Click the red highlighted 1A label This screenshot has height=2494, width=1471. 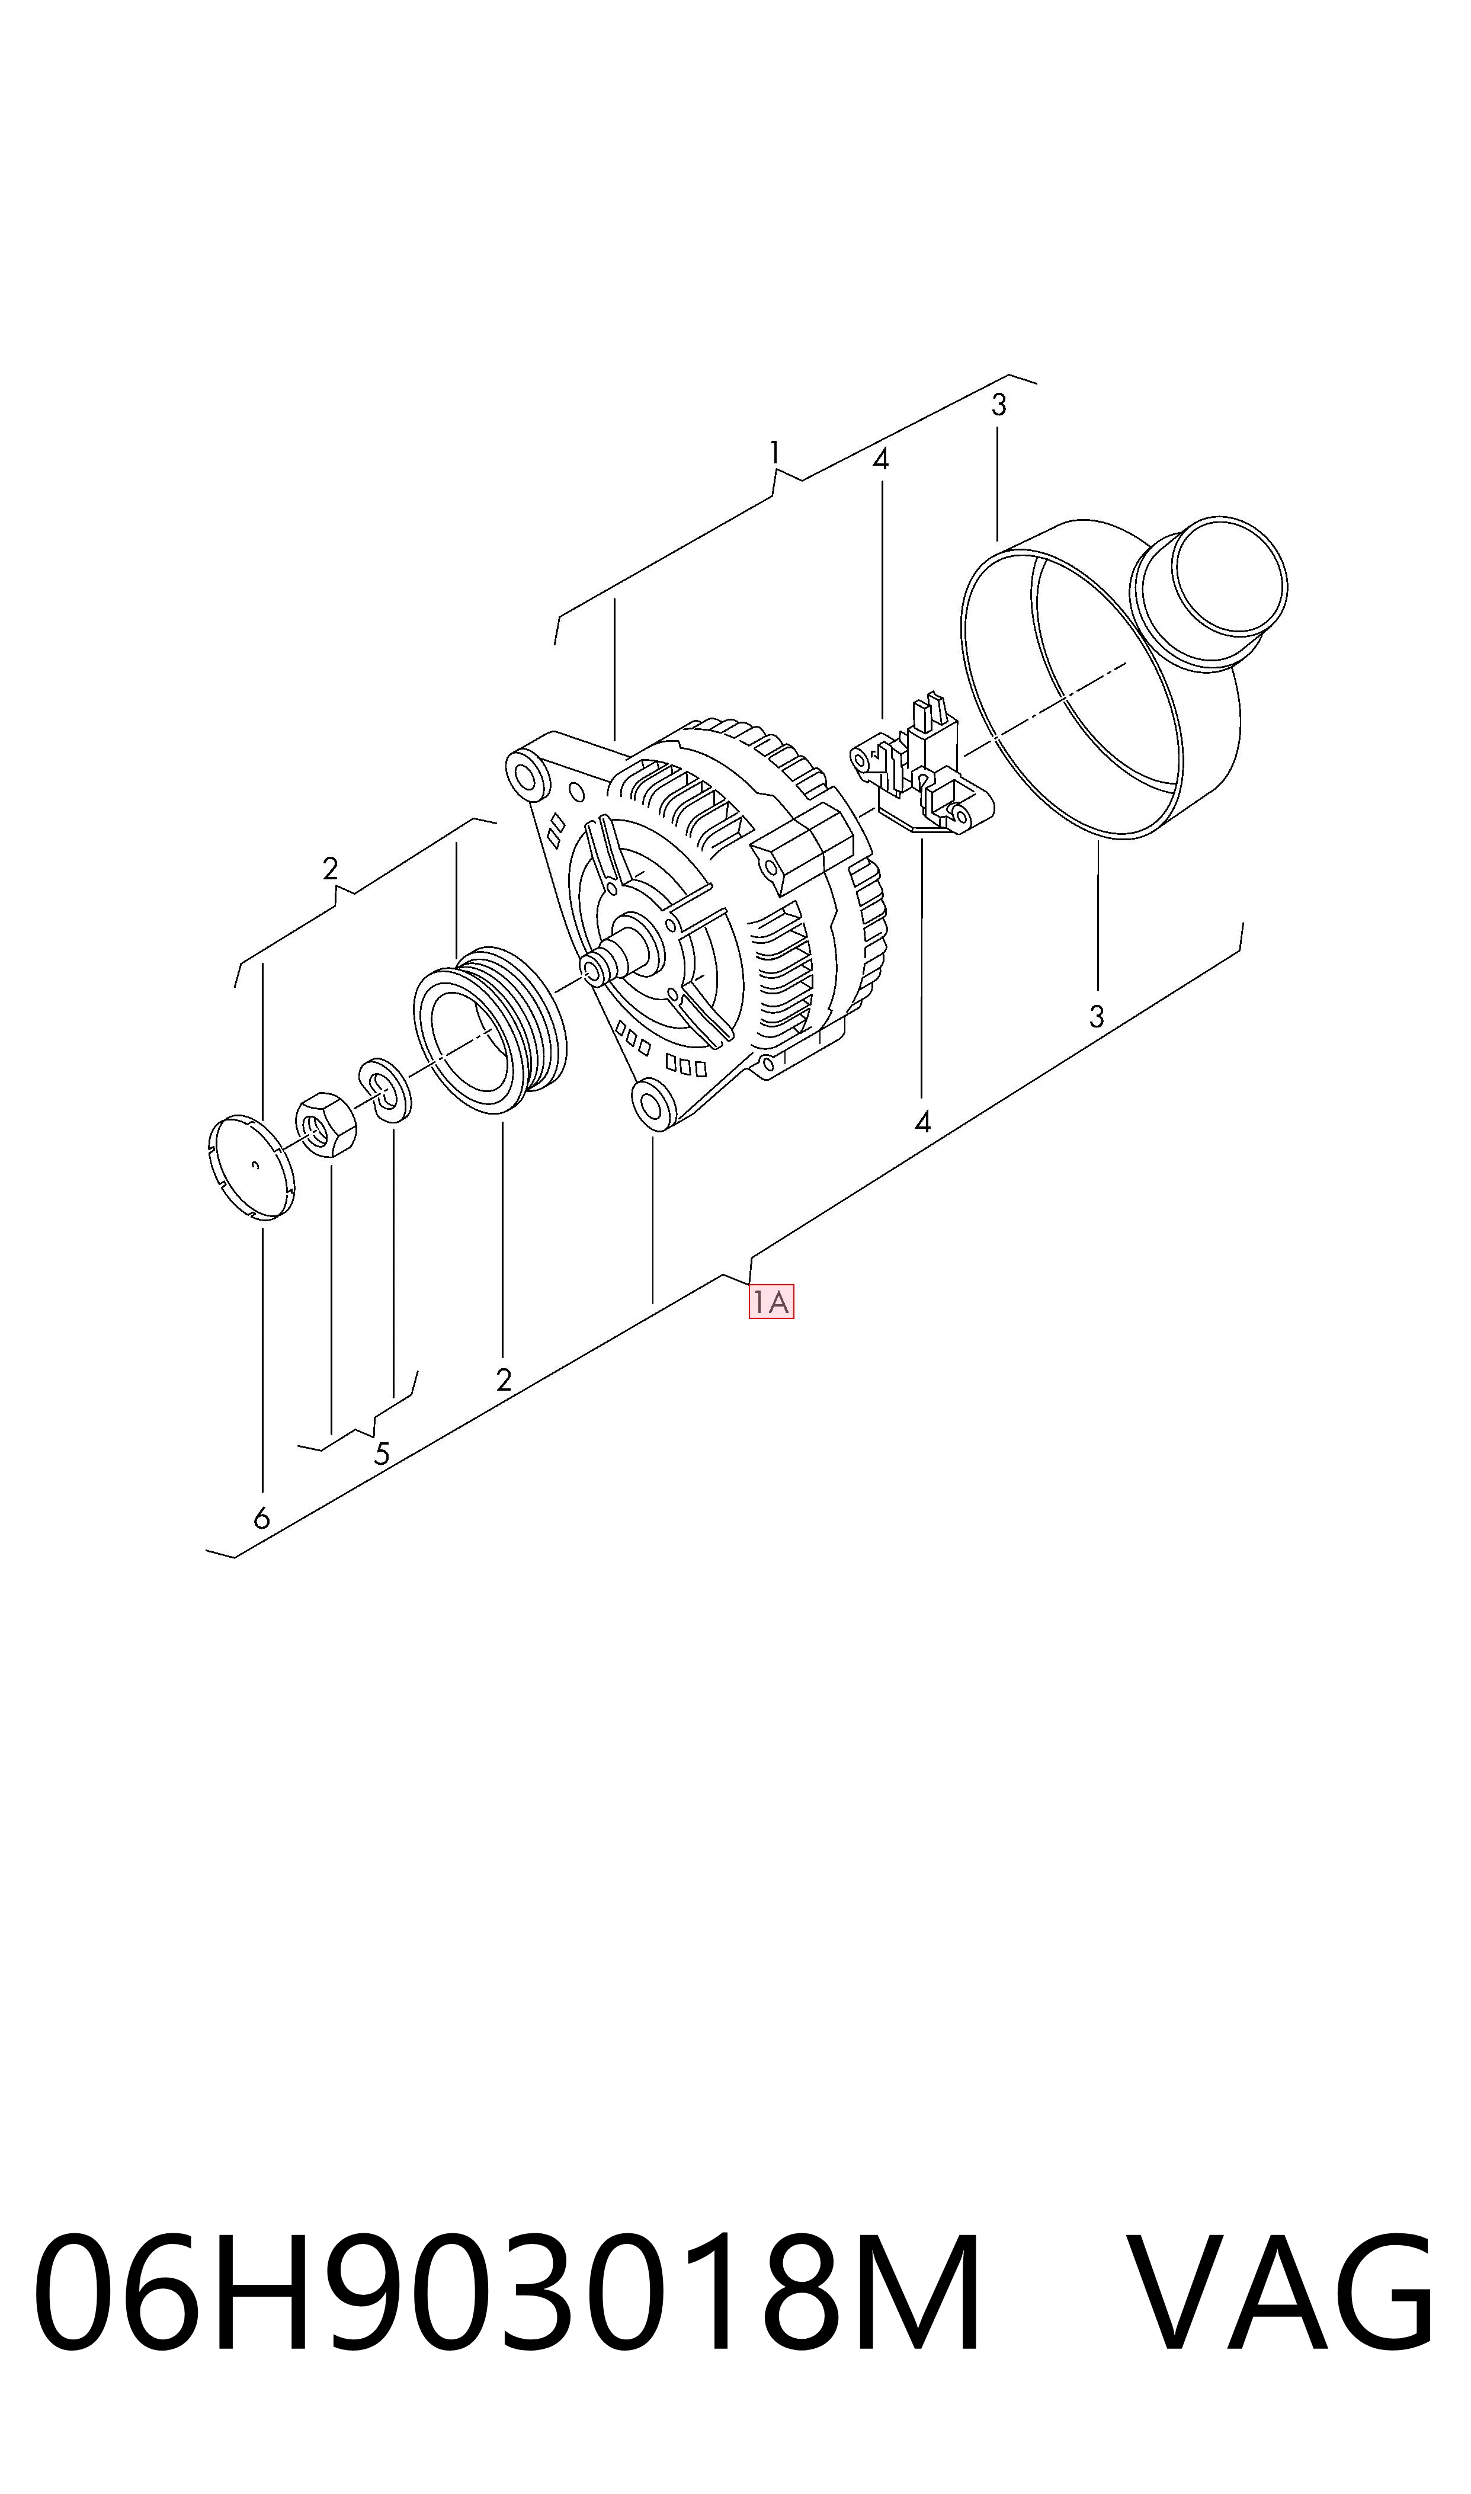(x=771, y=1302)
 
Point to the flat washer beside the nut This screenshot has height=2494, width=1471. (x=384, y=1090)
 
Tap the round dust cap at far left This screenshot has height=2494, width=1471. (x=254, y=1167)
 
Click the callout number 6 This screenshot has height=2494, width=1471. (x=262, y=1517)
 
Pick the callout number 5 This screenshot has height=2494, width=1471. (x=382, y=1454)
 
